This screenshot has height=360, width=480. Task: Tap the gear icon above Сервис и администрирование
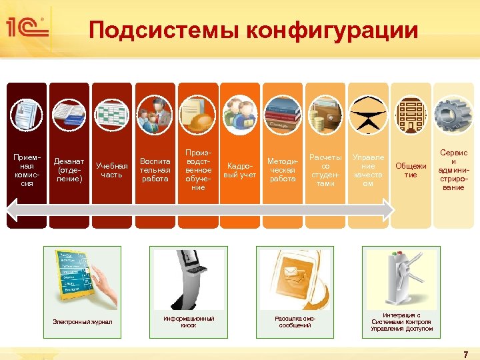[453, 114]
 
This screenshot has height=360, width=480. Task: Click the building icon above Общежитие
[410, 114]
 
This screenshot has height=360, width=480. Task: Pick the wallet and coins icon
[325, 114]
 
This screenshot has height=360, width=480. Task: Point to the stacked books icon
[282, 114]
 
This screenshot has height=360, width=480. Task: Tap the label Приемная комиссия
[27, 170]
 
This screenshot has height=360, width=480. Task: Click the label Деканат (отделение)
[69, 170]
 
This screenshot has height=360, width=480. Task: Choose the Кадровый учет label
[240, 170]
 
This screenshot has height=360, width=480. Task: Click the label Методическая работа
[282, 170]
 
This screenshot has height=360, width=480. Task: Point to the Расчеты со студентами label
[325, 170]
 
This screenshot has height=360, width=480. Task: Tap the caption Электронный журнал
[83, 322]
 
